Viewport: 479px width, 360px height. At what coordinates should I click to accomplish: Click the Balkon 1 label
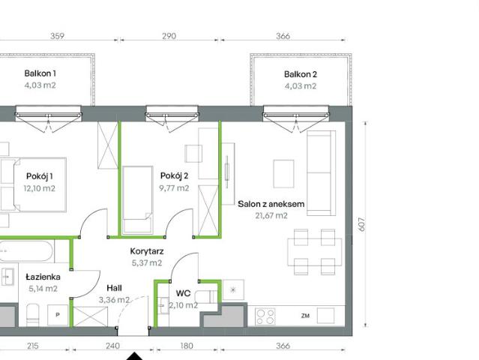click(x=40, y=73)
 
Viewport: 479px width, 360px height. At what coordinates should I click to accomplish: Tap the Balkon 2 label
click(x=300, y=73)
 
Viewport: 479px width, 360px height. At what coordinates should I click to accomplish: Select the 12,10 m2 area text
click(x=40, y=188)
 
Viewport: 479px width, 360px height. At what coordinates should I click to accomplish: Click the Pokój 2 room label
click(x=174, y=175)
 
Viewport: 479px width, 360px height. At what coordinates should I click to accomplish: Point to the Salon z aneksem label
click(x=271, y=203)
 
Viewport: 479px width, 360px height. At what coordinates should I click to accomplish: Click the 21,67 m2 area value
click(x=271, y=215)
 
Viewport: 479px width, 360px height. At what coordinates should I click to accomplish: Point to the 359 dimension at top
click(x=57, y=35)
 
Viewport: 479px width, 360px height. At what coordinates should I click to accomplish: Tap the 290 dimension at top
click(x=169, y=35)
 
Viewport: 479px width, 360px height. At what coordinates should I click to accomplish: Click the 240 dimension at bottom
click(x=112, y=346)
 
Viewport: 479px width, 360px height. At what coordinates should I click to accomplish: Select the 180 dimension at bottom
click(x=187, y=346)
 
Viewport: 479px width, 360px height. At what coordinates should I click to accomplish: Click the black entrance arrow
click(x=133, y=355)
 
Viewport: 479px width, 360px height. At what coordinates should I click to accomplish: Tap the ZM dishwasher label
click(x=305, y=316)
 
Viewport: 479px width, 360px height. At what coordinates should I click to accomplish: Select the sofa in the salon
click(x=320, y=172)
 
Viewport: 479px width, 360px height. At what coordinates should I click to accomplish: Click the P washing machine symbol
click(x=56, y=315)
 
